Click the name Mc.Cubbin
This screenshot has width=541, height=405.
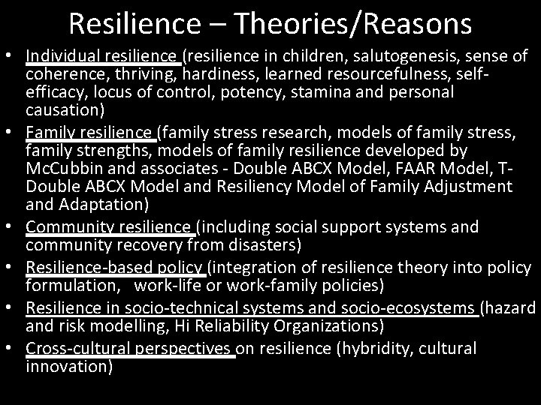click(59, 168)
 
